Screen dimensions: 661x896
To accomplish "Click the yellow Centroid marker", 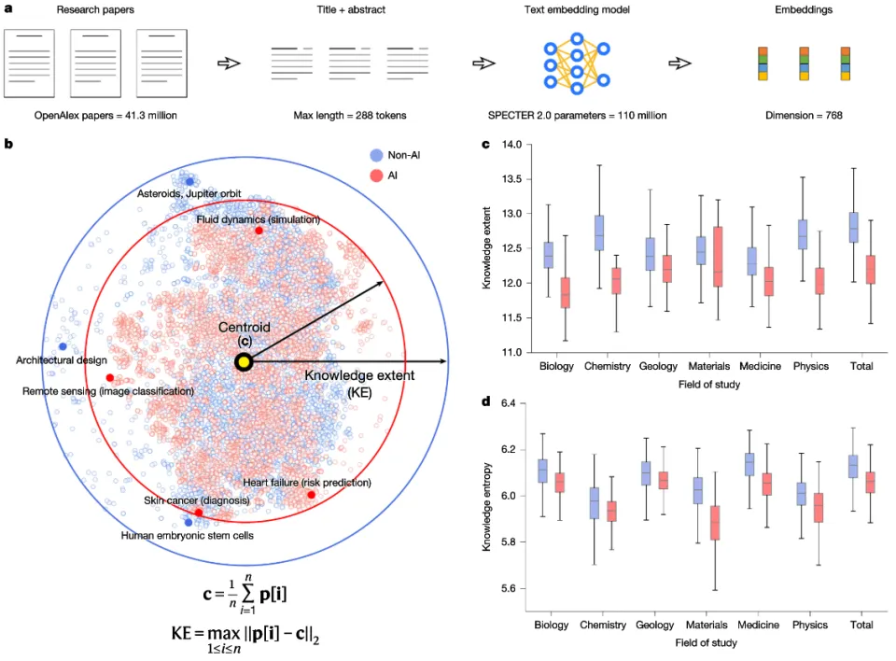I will pos(243,362).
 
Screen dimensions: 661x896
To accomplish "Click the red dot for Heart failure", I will pos(311,494).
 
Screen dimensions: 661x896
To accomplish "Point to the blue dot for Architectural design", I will pos(63,346).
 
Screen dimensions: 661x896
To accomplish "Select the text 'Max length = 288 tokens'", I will pos(353,116).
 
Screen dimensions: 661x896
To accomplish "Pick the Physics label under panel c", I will pos(809,367).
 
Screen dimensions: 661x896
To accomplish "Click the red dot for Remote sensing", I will pos(110,378).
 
